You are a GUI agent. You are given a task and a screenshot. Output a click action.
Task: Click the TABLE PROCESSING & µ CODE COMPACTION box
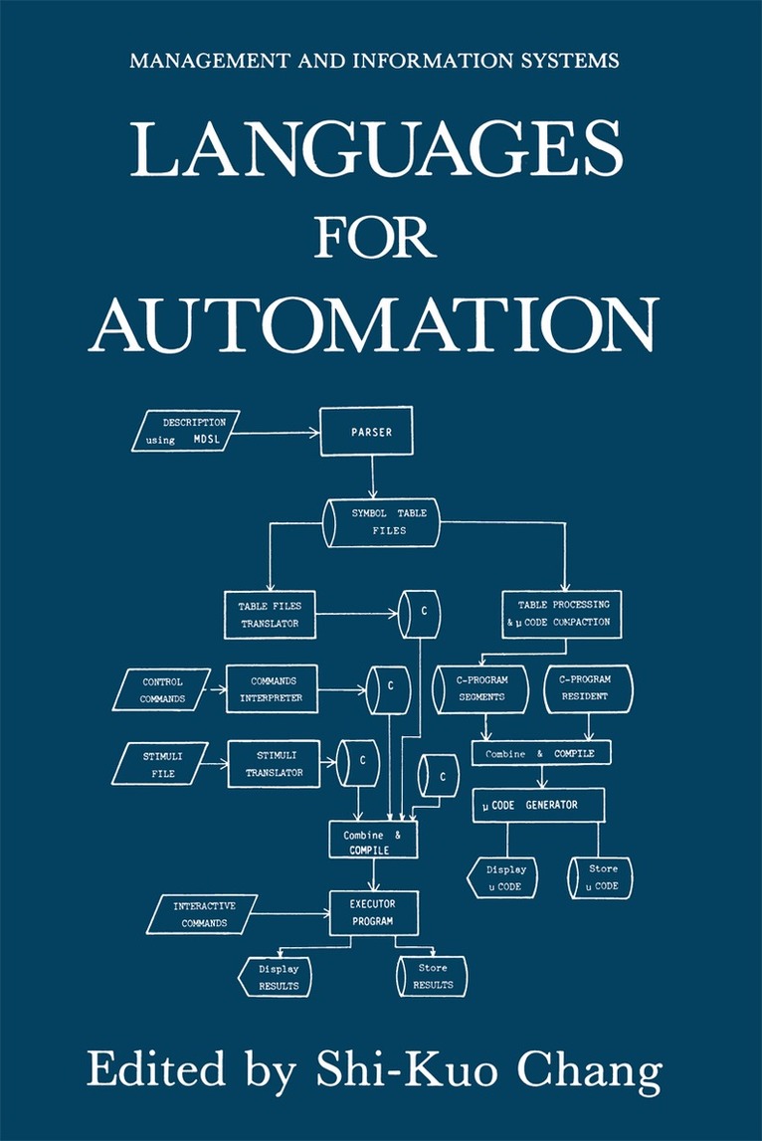[563, 614]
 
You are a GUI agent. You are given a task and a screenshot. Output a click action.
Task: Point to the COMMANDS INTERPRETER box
[272, 689]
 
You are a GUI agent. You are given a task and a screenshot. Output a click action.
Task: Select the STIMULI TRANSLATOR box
[273, 764]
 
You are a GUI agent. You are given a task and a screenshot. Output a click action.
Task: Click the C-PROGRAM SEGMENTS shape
[482, 689]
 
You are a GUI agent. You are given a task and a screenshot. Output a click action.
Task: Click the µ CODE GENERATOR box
[538, 805]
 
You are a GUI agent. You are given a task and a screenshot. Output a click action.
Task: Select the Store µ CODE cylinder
[600, 877]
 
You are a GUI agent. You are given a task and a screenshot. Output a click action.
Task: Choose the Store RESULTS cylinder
[432, 976]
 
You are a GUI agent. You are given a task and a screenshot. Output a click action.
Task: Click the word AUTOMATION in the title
[373, 323]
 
